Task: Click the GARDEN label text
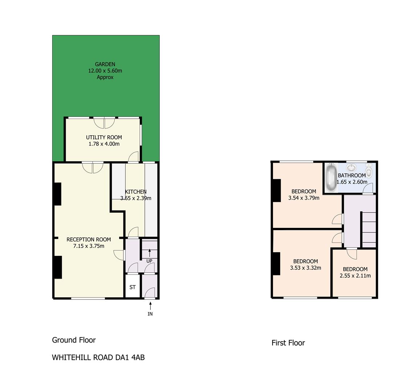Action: click(x=105, y=64)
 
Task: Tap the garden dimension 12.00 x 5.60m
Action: click(x=105, y=70)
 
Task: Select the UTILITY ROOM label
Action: click(x=104, y=137)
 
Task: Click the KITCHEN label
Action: click(x=135, y=192)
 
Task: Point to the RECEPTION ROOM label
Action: click(x=89, y=240)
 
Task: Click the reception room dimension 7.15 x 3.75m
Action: click(x=89, y=246)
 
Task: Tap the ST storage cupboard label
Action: click(x=132, y=287)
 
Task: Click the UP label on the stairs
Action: click(x=149, y=261)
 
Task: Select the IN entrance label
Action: click(x=150, y=314)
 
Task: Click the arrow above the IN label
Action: click(x=150, y=306)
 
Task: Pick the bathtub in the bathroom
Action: click(x=331, y=177)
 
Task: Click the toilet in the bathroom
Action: click(x=369, y=170)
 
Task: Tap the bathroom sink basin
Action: click(x=351, y=167)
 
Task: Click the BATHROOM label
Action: click(x=352, y=175)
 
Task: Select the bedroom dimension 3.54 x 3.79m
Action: click(x=304, y=198)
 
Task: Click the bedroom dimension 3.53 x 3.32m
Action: click(x=306, y=268)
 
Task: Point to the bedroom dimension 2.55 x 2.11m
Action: click(x=355, y=276)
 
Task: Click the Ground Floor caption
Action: click(x=74, y=340)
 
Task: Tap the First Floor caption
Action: click(x=288, y=343)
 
